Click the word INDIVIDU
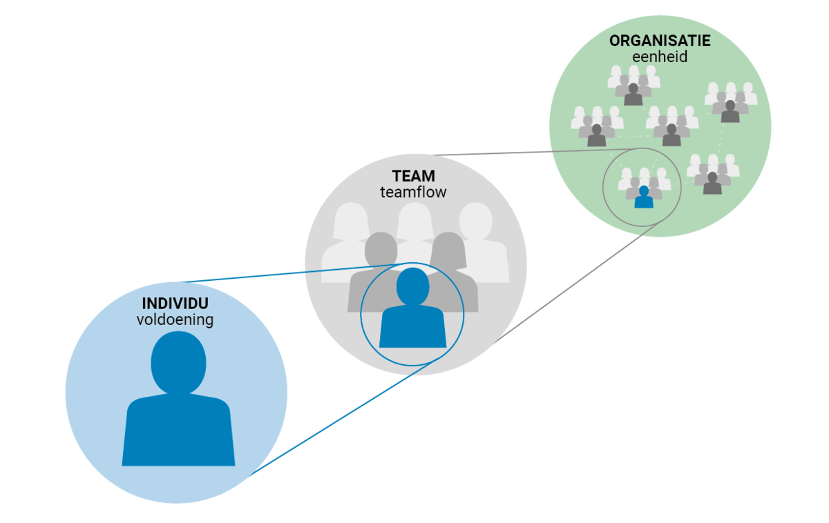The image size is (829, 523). tap(175, 304)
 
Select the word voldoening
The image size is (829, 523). tap(175, 320)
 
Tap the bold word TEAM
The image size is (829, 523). tap(413, 177)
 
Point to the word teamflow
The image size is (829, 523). tap(413, 193)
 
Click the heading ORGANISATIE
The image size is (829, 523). tap(660, 41)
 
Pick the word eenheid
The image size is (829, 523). tap(660, 57)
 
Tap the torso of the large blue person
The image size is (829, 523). tap(178, 431)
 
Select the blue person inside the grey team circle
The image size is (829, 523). tap(412, 310)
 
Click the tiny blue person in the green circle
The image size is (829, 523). tap(644, 197)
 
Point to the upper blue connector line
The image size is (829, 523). tap(276, 276)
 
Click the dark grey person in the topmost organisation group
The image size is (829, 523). tap(633, 95)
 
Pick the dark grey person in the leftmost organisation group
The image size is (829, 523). tap(596, 136)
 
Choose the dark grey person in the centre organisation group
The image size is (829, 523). tap(671, 135)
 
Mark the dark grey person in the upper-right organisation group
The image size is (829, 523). tap(730, 111)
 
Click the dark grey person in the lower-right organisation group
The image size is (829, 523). tap(712, 184)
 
